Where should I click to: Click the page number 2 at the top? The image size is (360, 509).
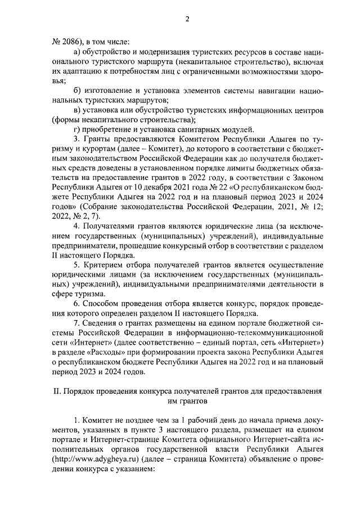point(188,19)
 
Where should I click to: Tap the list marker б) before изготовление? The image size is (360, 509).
point(78,90)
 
